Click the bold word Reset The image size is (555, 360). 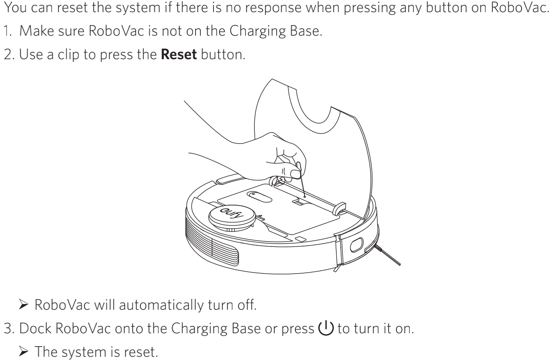[x=179, y=54]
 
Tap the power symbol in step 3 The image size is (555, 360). [x=326, y=328]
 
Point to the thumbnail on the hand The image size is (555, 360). [x=295, y=174]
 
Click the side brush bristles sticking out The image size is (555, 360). [x=387, y=255]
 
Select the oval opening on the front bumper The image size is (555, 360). [x=357, y=245]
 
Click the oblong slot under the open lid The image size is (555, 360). [x=259, y=197]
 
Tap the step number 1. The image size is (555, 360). [x=7, y=31]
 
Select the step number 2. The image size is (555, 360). [x=9, y=54]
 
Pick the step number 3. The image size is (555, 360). [x=9, y=328]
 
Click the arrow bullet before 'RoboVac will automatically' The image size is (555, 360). [x=24, y=304]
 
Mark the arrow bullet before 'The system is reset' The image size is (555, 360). [x=24, y=351]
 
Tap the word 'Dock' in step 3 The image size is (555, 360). [x=35, y=328]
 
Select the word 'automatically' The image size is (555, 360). [x=161, y=305]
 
